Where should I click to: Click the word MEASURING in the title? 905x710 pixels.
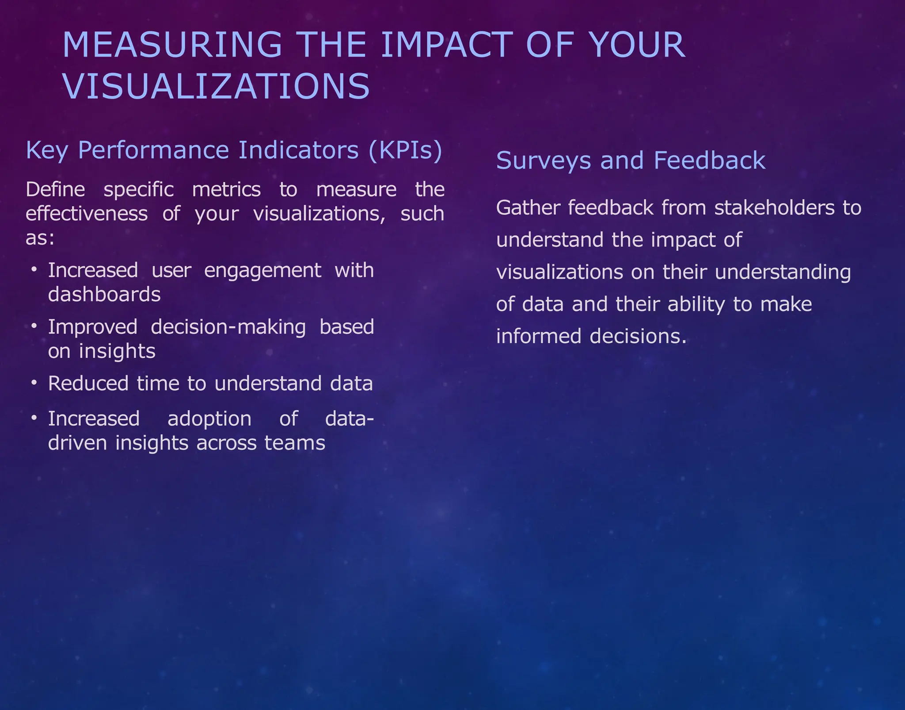point(172,45)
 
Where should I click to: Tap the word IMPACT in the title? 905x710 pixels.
point(446,45)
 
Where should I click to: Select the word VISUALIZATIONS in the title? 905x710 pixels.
point(216,86)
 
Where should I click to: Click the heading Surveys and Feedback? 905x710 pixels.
point(631,160)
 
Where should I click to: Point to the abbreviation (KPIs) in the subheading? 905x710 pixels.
point(405,150)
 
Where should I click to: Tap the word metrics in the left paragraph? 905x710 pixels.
point(226,190)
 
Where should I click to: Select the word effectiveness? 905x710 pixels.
point(87,214)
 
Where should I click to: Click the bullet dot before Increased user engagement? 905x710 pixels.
point(34,269)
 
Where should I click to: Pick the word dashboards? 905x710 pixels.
point(104,295)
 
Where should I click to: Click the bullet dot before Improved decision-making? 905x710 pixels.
point(34,326)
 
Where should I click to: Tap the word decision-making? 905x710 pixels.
point(228,327)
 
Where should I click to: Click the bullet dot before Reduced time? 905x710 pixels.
point(34,383)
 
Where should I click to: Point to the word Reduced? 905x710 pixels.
point(88,384)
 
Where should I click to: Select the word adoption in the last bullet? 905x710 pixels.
point(209,419)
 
